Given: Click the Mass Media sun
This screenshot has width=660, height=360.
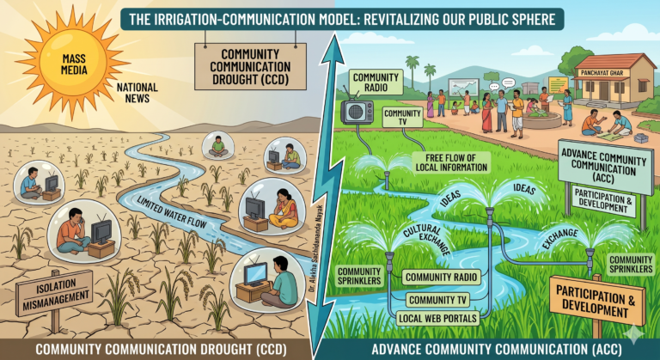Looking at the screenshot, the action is point(73,64).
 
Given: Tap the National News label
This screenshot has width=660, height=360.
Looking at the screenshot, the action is point(137,93).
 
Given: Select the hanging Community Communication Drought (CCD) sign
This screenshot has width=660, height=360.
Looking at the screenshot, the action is point(250,66).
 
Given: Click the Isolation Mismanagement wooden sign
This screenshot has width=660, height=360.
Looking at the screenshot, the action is point(54,293).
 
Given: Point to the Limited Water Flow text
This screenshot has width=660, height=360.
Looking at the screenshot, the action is point(172,212).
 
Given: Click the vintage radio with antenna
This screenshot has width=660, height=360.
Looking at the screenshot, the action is point(357,111).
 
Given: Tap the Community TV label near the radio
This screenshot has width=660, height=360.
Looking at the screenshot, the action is point(402,117).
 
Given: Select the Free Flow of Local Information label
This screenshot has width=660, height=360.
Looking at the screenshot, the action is point(451,162).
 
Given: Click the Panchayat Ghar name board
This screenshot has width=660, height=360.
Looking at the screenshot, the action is point(602,73).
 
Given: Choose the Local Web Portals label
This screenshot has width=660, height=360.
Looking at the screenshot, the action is point(437,318).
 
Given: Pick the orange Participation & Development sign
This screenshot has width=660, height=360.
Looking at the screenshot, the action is point(597,300).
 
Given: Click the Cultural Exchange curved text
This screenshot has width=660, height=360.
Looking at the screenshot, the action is point(426,237).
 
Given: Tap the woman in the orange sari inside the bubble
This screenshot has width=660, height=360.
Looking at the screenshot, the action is point(284,209).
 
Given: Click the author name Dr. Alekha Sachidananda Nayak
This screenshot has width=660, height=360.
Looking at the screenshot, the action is point(315,248).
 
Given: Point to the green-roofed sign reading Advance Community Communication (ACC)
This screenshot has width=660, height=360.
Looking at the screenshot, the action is point(604,167).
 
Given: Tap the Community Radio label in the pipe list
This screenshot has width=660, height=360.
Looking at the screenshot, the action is point(441,277).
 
